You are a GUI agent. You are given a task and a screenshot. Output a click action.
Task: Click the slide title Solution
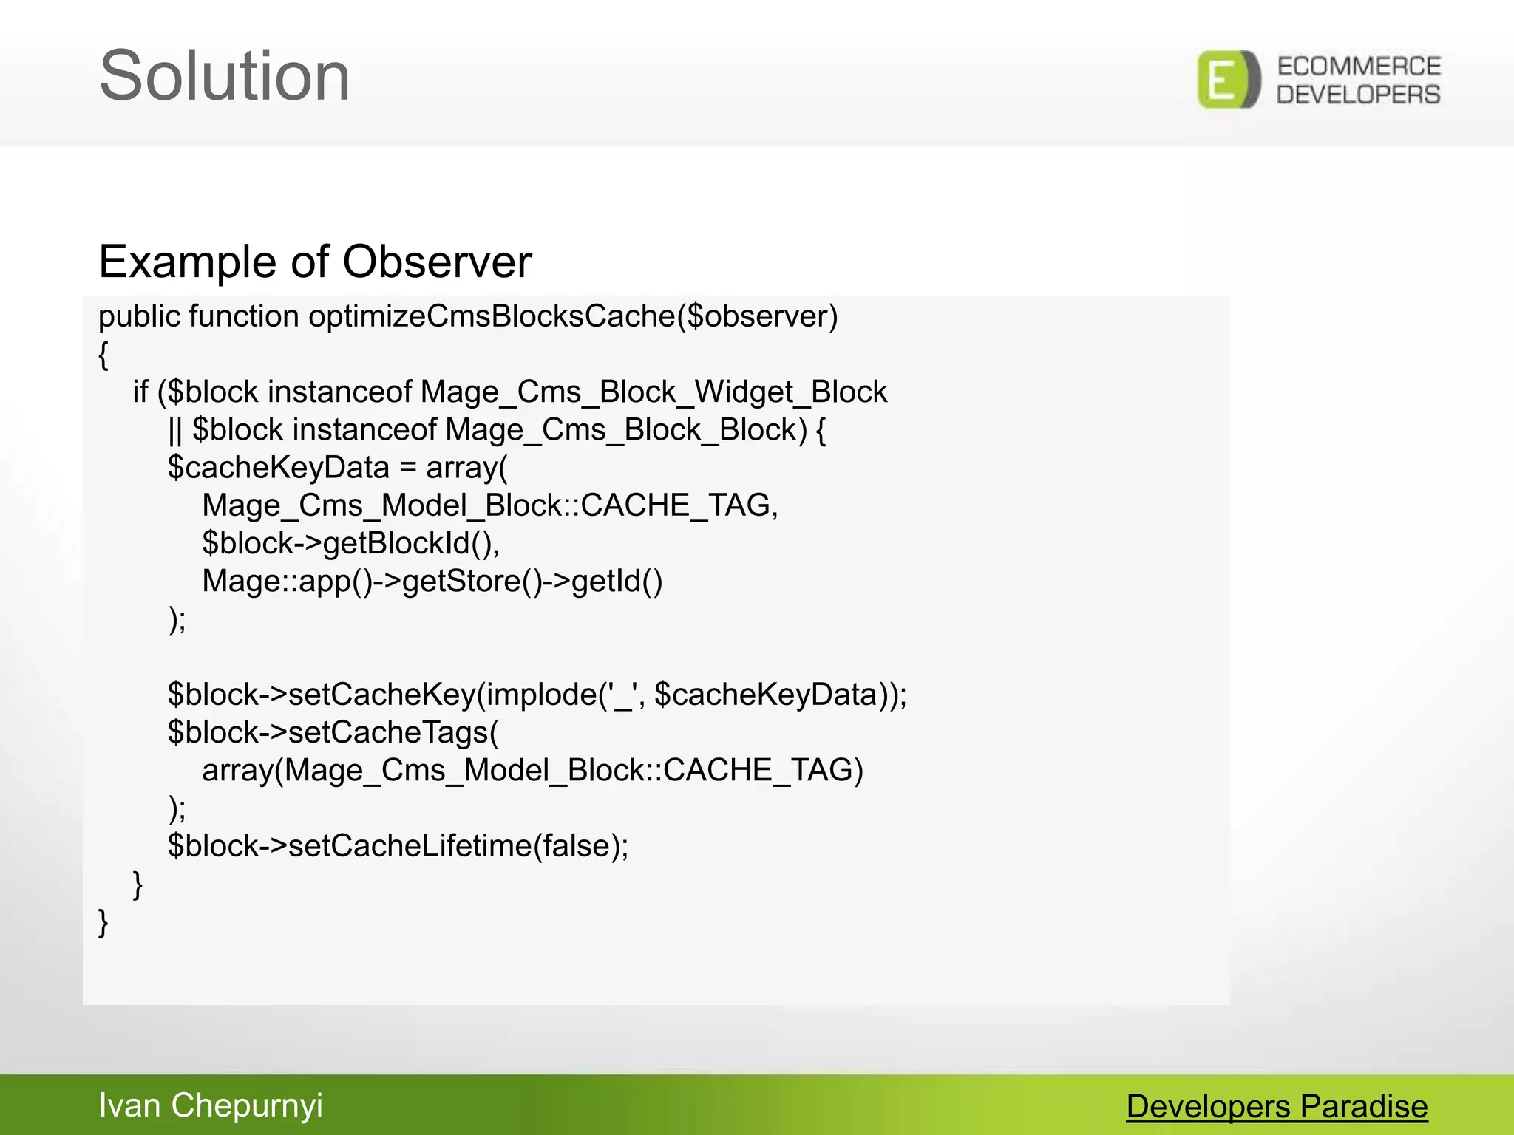[x=224, y=76]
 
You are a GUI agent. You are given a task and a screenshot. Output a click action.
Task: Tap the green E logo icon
[x=1228, y=80]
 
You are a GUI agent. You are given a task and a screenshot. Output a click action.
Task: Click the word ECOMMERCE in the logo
[x=1359, y=67]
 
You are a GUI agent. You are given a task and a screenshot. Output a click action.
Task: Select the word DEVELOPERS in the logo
[x=1359, y=95]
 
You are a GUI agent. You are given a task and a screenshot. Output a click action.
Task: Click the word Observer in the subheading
[x=437, y=262]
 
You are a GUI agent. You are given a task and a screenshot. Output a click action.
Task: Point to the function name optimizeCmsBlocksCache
[x=492, y=317]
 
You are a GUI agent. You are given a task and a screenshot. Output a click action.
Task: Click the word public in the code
[x=140, y=317]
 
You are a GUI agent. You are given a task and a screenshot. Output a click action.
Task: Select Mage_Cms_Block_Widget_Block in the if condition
[x=654, y=392]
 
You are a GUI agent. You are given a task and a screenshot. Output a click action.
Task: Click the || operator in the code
[x=174, y=430]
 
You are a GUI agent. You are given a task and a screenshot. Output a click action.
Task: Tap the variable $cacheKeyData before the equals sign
[x=278, y=468]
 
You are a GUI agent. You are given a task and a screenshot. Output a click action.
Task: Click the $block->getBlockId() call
[x=350, y=544]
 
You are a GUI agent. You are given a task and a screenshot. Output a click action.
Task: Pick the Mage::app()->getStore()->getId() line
[x=432, y=582]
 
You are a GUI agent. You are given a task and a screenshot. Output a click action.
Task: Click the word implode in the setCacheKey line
[x=542, y=695]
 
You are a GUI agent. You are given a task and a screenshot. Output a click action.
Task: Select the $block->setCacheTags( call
[x=333, y=732]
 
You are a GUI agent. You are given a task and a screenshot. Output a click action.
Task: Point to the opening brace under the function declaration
[x=103, y=355]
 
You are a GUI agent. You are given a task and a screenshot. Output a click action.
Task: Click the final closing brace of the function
[x=103, y=923]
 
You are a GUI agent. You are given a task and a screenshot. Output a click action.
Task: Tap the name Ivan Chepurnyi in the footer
[x=211, y=1105]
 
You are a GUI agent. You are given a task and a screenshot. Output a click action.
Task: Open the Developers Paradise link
[x=1277, y=1107]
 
